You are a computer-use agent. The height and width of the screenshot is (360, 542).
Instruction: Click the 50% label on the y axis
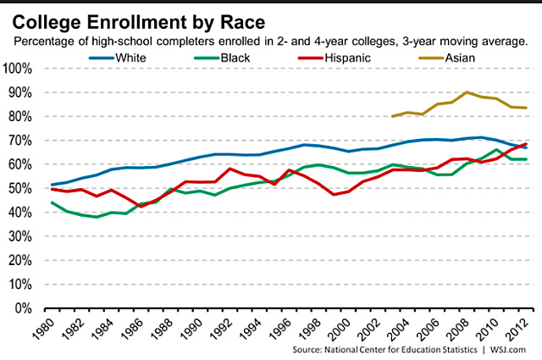pos(19,187)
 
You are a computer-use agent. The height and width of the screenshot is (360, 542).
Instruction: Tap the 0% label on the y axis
pos(23,307)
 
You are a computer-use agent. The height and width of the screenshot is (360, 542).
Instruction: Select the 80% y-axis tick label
pos(19,116)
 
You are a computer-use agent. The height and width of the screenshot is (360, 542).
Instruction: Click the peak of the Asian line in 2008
pos(466,92)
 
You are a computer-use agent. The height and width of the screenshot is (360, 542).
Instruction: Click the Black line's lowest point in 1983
pos(96,217)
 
